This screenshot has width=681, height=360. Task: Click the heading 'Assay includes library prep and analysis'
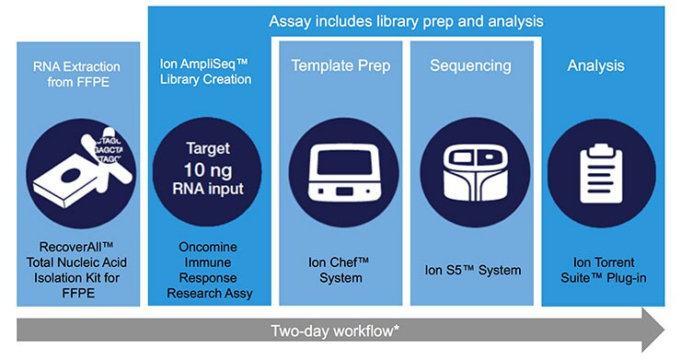coord(406,20)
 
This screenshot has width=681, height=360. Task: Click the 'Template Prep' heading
coord(340,66)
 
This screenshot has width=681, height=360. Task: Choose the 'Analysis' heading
coord(595,66)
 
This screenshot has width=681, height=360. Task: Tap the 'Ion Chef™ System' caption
coord(339,270)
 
